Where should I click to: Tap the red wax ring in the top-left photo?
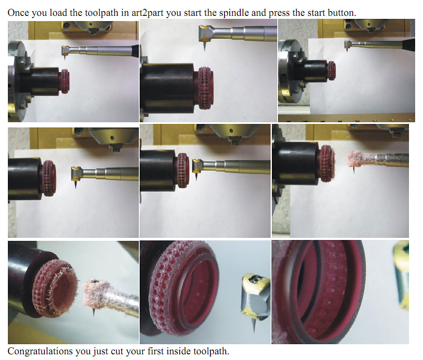pos(65,81)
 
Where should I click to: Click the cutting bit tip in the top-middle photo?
pos(204,50)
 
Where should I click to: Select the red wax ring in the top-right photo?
pos(332,71)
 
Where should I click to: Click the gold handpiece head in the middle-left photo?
pos(76,174)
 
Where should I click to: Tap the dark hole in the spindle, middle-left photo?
pos(112,138)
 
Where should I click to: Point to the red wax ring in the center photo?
pos(183,171)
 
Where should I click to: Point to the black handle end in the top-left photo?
pos(135,51)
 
